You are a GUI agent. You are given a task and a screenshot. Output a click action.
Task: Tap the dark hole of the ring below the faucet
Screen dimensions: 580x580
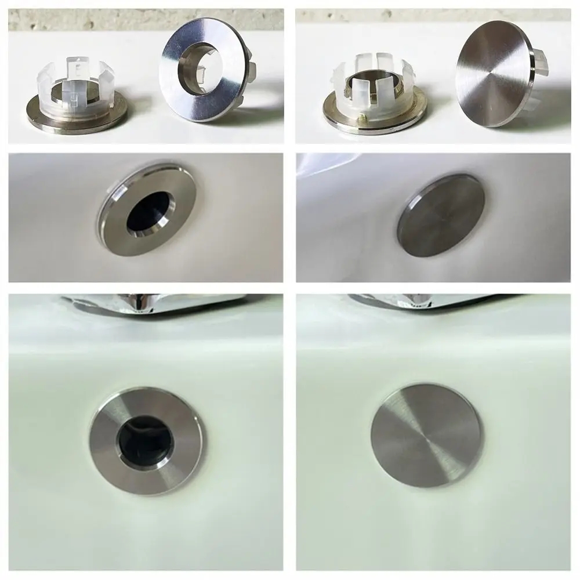(x=144, y=437)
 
